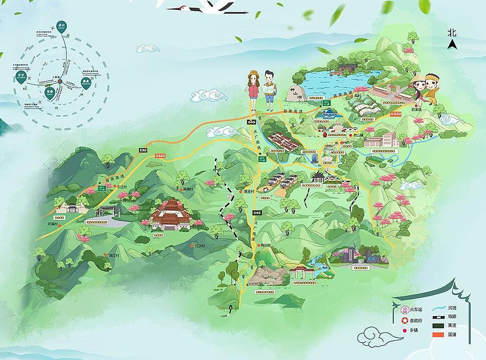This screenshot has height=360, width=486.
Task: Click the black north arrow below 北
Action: click(451, 44)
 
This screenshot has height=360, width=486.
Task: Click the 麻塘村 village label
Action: click(188, 189)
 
